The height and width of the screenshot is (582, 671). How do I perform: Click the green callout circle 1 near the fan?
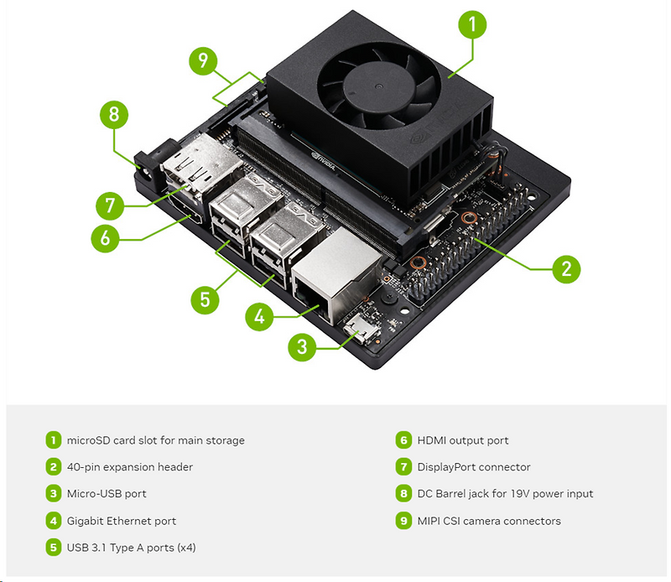(x=471, y=25)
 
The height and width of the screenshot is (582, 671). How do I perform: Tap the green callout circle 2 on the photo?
(x=566, y=268)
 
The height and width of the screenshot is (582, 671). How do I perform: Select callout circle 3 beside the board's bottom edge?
(x=303, y=346)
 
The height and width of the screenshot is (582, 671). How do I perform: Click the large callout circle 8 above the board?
(x=114, y=115)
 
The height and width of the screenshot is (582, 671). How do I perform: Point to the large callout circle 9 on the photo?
(x=201, y=60)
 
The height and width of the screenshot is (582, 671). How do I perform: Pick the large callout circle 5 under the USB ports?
(x=205, y=299)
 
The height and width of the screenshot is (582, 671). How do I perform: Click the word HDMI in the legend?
(x=432, y=440)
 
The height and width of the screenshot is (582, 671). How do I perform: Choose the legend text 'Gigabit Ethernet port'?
(x=122, y=521)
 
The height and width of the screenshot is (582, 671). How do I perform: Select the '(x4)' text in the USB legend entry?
(x=184, y=548)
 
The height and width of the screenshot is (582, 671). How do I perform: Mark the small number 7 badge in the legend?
(x=403, y=467)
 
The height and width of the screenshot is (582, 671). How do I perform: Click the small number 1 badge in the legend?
(x=54, y=440)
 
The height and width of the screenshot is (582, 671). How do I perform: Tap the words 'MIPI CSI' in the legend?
(x=440, y=521)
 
